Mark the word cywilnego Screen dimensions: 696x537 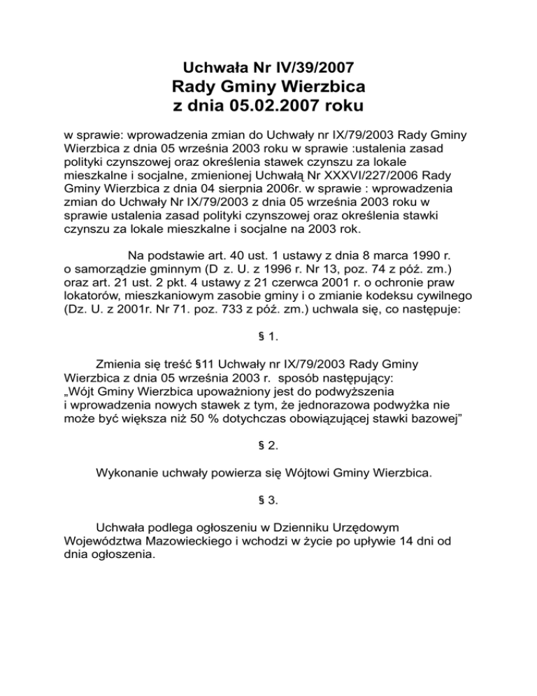point(443,300)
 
